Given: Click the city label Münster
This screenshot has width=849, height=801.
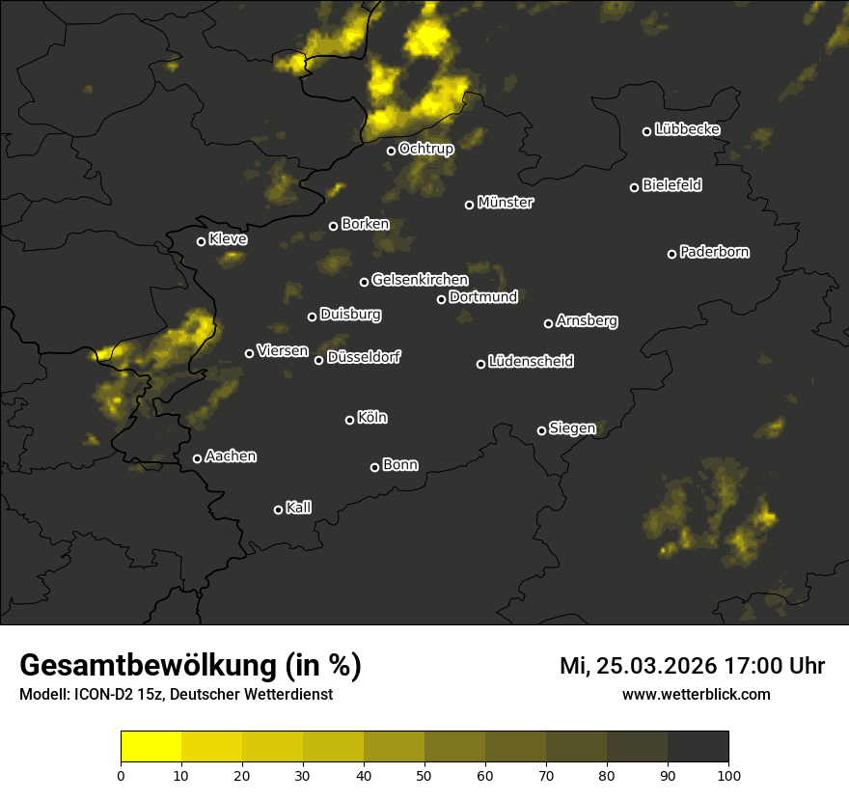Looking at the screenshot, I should [506, 203].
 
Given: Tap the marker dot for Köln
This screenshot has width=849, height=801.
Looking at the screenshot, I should [350, 420].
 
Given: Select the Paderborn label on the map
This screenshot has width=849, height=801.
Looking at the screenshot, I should [715, 252].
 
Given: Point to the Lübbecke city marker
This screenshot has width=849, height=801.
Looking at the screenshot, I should [647, 131].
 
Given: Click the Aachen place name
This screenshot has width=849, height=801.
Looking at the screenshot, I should [231, 456].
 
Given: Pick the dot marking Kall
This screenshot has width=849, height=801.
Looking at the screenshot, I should [279, 510].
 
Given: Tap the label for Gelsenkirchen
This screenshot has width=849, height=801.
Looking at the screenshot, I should [420, 280].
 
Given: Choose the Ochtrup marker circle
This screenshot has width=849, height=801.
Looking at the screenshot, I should [392, 151].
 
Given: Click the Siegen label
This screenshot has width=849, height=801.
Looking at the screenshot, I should [572, 428].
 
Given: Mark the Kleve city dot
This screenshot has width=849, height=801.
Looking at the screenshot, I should [202, 241].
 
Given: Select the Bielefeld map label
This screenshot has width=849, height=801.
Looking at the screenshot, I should [671, 185].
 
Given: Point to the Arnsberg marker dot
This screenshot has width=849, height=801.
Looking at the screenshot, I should [549, 323].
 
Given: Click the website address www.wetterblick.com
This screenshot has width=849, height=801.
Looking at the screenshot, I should [696, 694].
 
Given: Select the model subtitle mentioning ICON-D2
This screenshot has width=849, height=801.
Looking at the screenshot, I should [176, 694].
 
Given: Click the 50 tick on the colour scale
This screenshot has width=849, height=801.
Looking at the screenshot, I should [424, 774].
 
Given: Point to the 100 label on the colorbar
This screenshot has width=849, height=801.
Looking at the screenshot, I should [728, 774].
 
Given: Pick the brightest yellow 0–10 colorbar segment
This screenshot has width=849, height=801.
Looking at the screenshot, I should [151, 746].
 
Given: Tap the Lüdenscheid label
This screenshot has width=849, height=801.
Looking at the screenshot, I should [531, 362].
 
